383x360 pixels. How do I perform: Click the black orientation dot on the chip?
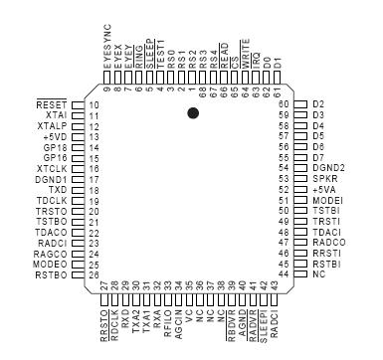coord(193,115)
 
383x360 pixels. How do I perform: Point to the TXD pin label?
coord(57,188)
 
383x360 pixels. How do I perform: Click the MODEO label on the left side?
coord(51,264)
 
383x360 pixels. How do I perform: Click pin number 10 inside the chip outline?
coord(93,104)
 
